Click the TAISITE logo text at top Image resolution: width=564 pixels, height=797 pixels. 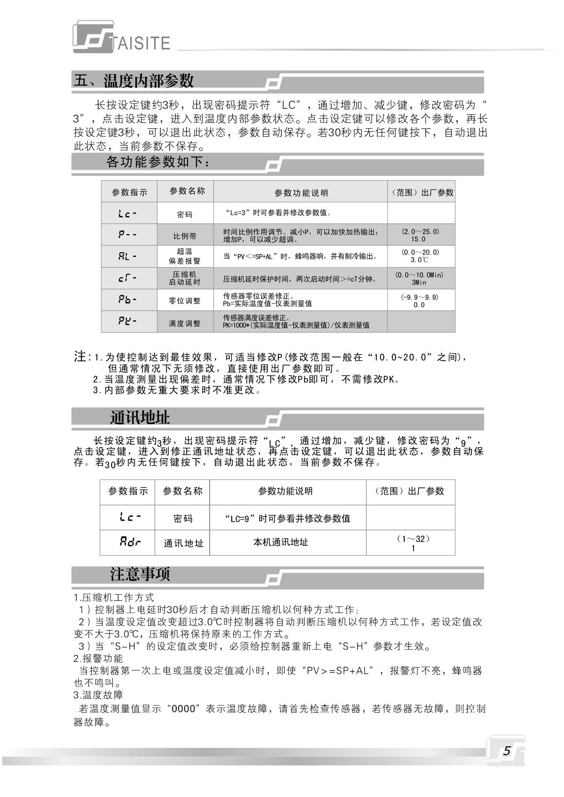point(141,43)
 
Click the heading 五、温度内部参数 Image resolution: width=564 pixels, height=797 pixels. point(133,81)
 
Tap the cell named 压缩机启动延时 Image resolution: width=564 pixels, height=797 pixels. point(185,278)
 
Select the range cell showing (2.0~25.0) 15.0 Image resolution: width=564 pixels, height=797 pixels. point(420,235)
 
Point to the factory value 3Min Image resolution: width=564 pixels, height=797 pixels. point(419,283)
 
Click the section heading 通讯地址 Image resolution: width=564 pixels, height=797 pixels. point(140,417)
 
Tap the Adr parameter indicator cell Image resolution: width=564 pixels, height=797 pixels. point(130,542)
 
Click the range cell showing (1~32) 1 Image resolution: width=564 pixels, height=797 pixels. point(413,543)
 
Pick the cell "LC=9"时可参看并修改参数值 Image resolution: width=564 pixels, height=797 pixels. point(288,518)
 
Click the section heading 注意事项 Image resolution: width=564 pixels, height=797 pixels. point(140,574)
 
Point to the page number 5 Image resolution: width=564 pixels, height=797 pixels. point(506,751)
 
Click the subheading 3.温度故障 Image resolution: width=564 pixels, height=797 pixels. point(98,695)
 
